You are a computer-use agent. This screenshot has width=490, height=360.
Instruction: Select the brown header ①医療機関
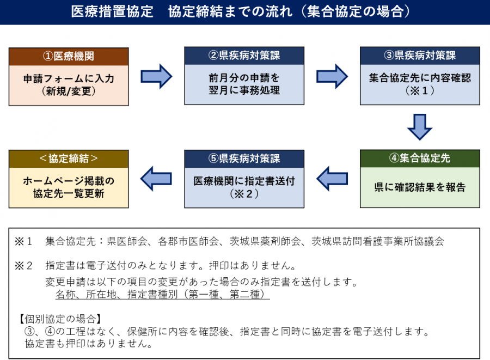(x=69, y=56)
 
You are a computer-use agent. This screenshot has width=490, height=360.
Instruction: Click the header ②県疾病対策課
(x=244, y=56)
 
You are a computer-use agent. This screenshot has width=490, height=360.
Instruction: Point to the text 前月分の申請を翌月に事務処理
(x=244, y=84)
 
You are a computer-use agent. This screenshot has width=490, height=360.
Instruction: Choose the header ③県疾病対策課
(x=420, y=56)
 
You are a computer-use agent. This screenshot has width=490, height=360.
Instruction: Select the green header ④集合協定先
(x=420, y=159)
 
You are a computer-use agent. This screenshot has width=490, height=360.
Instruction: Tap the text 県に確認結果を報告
(x=420, y=187)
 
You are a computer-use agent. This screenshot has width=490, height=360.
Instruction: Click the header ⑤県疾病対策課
(x=244, y=159)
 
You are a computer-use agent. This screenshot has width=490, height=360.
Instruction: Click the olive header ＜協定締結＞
(x=69, y=159)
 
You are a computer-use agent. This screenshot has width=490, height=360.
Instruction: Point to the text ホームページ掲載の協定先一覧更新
(x=69, y=187)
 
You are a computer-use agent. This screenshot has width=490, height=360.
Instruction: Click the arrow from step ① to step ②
(x=156, y=76)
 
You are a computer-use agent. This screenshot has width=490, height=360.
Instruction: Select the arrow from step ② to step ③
(x=332, y=76)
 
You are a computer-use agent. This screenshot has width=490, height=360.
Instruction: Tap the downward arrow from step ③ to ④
(x=420, y=127)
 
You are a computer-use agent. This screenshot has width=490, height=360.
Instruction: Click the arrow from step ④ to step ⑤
(x=332, y=178)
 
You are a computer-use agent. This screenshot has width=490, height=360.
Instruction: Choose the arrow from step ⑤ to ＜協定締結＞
(x=156, y=178)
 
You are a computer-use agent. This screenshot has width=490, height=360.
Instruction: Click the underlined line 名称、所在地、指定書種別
(x=162, y=295)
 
